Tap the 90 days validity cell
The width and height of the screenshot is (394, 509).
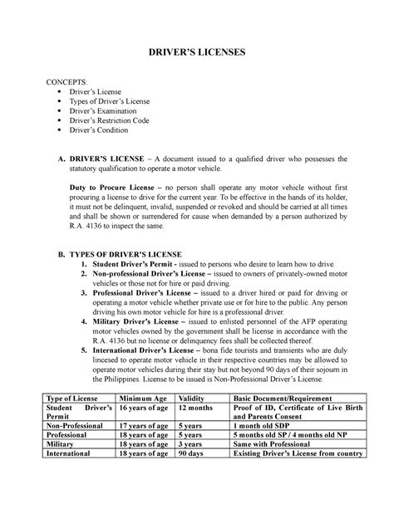pyautogui.click(x=193, y=477)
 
